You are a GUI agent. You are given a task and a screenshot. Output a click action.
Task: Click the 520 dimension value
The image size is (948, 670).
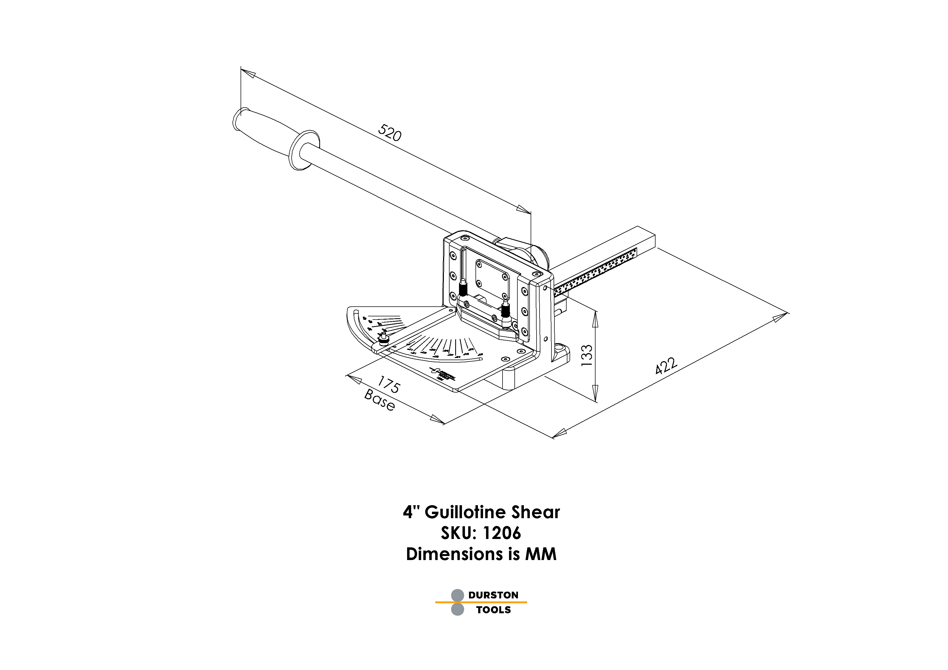point(389,133)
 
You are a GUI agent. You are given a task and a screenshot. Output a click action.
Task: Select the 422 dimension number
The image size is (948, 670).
point(666,366)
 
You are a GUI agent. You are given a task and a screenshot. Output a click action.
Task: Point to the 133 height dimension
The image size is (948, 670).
point(587,355)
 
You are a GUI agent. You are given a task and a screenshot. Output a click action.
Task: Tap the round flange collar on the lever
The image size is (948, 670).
point(305,150)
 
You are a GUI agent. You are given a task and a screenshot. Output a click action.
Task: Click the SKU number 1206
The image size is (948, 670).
point(501,533)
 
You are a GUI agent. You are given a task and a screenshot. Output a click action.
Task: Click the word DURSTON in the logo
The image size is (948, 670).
point(493,595)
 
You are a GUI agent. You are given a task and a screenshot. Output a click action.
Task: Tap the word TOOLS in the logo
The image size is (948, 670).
point(493,610)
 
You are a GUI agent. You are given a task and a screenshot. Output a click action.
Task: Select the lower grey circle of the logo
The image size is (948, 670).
point(457,609)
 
